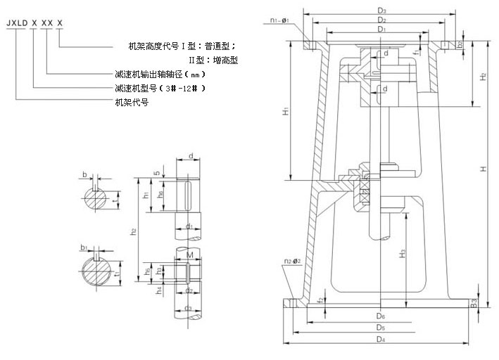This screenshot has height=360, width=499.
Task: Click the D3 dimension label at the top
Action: (381, 11)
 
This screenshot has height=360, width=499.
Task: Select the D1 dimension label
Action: (381, 30)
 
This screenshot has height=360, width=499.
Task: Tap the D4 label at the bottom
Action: (381, 339)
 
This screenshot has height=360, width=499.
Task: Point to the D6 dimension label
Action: (381, 316)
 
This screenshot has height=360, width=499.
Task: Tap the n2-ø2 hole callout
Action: (293, 261)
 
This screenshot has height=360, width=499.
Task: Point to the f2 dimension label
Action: (321, 300)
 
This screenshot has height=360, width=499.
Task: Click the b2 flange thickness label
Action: (460, 44)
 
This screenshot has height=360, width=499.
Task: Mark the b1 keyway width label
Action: (84, 247)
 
